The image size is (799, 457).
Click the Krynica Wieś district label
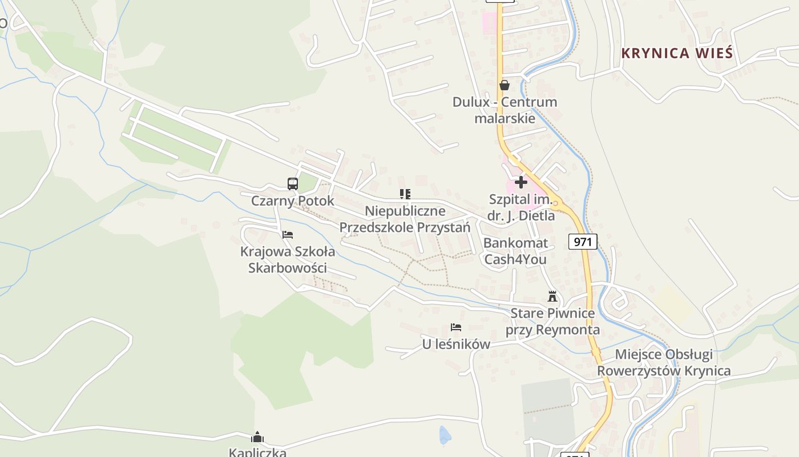(676, 53)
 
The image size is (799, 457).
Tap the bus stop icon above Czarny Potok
(292, 183)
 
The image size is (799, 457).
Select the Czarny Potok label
(292, 201)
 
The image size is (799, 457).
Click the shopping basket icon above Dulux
(504, 85)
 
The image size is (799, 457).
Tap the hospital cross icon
(520, 182)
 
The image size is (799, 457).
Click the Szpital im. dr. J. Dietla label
(521, 208)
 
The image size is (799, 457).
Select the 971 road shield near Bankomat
(582, 242)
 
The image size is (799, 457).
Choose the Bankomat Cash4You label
(515, 251)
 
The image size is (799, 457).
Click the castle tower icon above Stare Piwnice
(552, 296)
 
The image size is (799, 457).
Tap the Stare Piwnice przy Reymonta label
(552, 322)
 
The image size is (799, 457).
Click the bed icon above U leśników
(455, 327)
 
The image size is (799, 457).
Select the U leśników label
(456, 344)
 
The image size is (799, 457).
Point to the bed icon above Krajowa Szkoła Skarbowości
(288, 234)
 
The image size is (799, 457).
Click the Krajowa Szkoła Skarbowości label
(288, 259)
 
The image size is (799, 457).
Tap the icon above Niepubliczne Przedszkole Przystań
(405, 194)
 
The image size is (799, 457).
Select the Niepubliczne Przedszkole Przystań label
(405, 219)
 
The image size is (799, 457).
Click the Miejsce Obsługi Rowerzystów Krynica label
(664, 363)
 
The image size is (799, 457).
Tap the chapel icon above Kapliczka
(257, 438)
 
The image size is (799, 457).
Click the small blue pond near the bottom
(445, 435)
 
